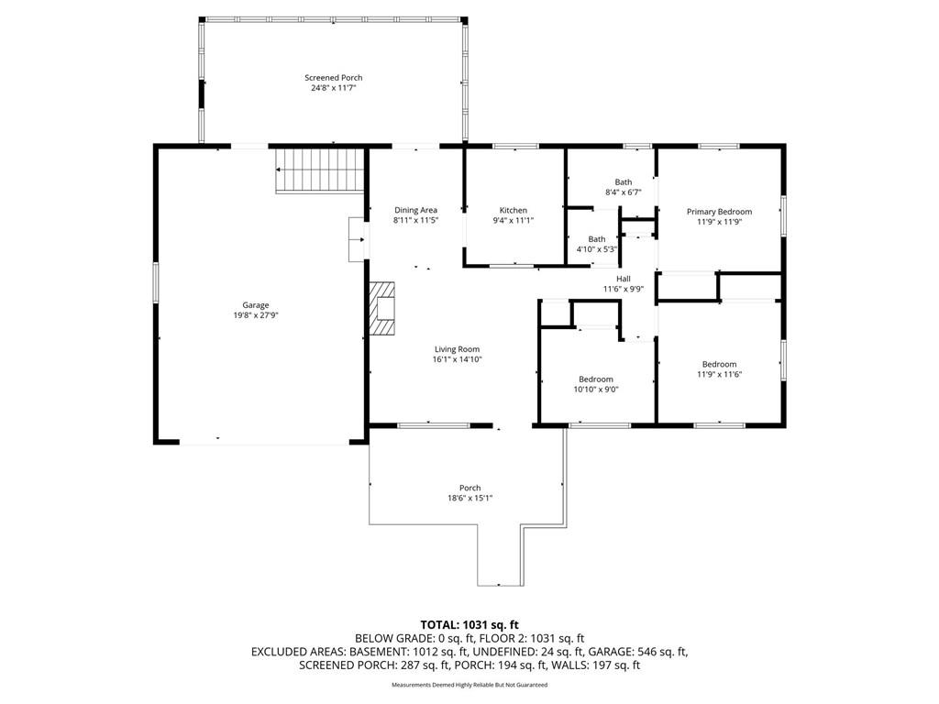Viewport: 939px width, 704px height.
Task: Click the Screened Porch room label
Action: (x=334, y=78)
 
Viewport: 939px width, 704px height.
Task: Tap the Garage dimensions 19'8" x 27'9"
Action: (x=256, y=315)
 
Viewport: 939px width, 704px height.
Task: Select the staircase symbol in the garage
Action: (x=320, y=170)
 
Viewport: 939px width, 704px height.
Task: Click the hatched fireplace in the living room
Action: (x=382, y=308)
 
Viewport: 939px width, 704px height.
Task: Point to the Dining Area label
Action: (x=415, y=210)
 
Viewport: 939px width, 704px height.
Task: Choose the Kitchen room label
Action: (x=514, y=210)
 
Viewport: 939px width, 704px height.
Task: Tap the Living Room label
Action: (x=457, y=349)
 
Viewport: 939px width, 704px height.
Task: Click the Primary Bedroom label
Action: (x=719, y=212)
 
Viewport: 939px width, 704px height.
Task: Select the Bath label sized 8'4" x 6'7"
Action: (x=624, y=182)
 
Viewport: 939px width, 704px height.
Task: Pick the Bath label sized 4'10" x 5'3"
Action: (x=596, y=239)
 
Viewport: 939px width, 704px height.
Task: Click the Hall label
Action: (x=624, y=279)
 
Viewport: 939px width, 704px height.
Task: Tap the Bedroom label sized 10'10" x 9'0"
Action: (x=596, y=379)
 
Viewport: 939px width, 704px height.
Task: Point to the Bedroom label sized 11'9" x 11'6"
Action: (x=719, y=364)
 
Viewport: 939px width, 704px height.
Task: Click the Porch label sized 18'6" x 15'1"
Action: (x=470, y=488)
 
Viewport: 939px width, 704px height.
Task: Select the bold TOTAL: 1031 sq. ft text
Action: (x=469, y=625)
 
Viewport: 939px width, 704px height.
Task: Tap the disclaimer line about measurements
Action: (x=469, y=685)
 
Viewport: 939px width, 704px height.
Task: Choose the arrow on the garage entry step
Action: (x=359, y=240)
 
